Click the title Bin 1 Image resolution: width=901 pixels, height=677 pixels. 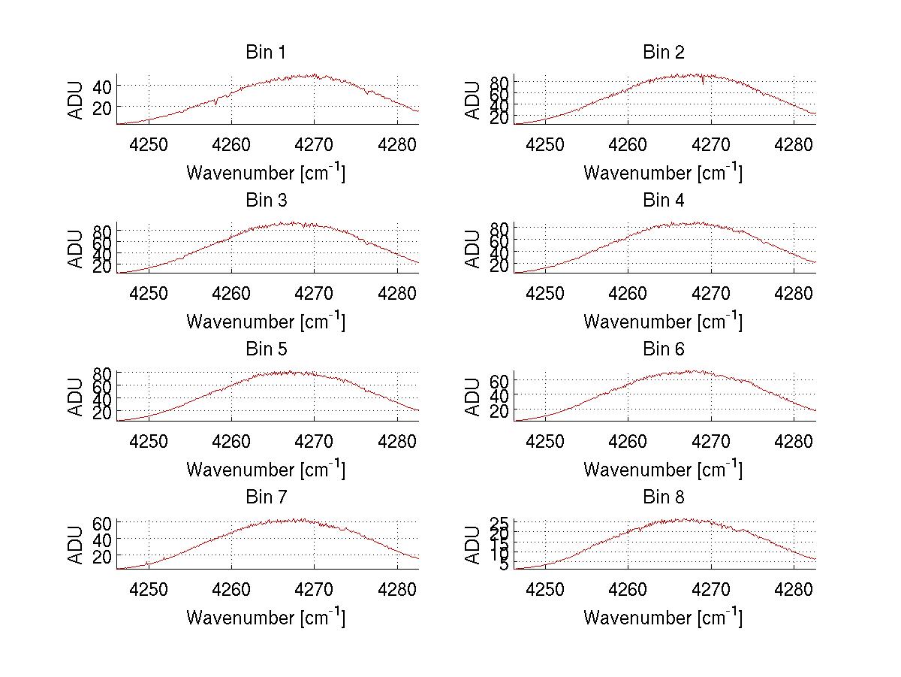pyautogui.click(x=266, y=53)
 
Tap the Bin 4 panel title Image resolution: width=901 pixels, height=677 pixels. pyautogui.click(x=664, y=201)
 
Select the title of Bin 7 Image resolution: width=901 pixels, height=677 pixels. pyautogui.click(x=266, y=497)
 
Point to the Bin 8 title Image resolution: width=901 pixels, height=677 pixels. pyautogui.click(x=664, y=497)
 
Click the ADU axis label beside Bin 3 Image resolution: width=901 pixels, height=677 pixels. pyautogui.click(x=76, y=249)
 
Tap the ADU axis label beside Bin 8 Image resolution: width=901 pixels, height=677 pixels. pyautogui.click(x=473, y=546)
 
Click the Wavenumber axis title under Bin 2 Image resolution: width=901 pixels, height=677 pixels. pyautogui.click(x=663, y=173)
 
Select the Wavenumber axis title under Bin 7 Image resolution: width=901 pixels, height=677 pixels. pyautogui.click(x=266, y=618)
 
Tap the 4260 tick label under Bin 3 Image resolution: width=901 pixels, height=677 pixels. pyautogui.click(x=231, y=292)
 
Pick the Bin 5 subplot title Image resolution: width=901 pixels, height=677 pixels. pyautogui.click(x=266, y=349)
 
